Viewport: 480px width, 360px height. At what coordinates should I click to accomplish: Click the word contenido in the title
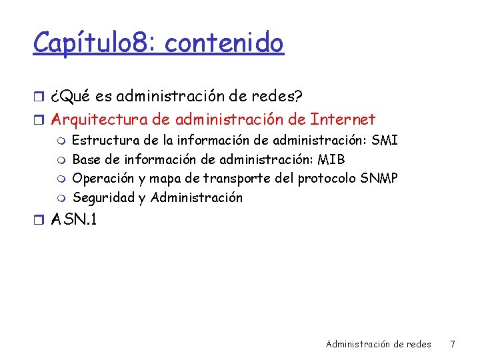point(224,43)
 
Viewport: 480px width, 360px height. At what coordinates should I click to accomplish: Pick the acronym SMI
point(385,141)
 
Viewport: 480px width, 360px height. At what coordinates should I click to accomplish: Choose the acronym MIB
point(331,160)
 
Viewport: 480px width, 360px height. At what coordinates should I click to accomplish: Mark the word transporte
point(237,179)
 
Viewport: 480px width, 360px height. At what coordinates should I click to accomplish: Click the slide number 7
point(453,344)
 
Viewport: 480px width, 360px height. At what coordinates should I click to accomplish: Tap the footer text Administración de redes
point(378,344)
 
